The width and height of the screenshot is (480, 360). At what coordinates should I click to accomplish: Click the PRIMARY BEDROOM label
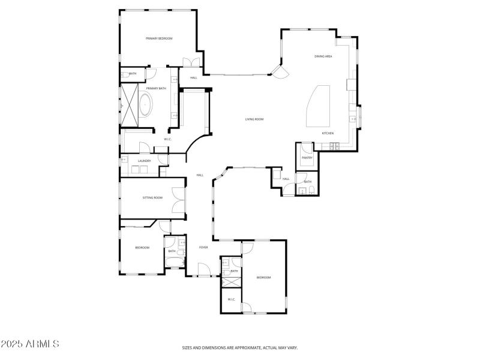tap(159, 38)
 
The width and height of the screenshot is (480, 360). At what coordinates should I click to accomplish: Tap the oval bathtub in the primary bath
tap(146, 106)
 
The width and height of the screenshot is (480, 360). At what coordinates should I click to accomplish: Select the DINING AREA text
tap(323, 56)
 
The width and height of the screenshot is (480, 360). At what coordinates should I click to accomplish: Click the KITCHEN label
tap(328, 133)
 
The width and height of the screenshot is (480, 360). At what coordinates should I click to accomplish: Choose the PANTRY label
tap(307, 158)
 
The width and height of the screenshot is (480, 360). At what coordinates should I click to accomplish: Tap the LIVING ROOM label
tap(254, 119)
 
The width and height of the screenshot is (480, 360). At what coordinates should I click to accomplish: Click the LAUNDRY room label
tap(144, 161)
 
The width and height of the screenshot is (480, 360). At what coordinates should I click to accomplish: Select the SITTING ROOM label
tap(152, 197)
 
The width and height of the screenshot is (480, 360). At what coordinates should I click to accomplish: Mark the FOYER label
tap(203, 247)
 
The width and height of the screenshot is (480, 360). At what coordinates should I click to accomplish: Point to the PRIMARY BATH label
tap(156, 89)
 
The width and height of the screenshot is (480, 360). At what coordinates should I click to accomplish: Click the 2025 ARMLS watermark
tap(30, 344)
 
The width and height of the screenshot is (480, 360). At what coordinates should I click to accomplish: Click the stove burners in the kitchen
tap(335, 146)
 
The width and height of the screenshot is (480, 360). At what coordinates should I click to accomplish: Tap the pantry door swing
tap(307, 147)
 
